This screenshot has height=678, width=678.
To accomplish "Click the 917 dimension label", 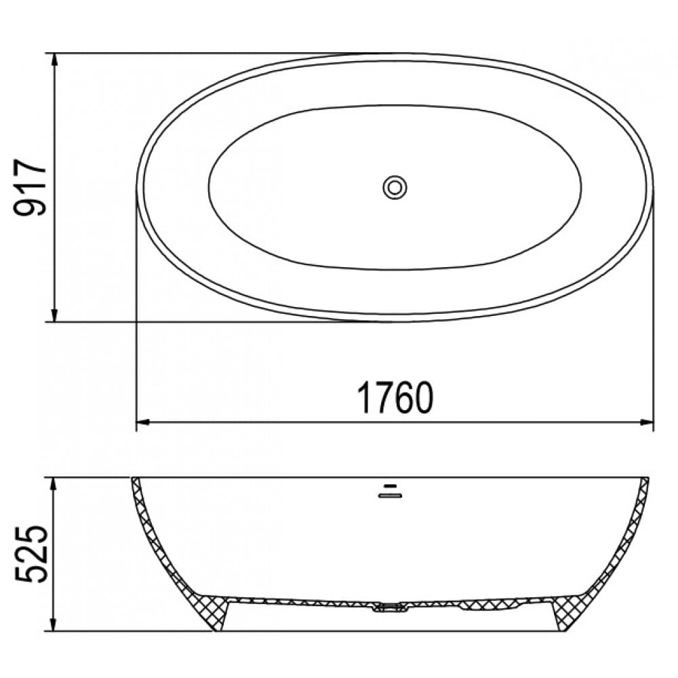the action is pos(30,187).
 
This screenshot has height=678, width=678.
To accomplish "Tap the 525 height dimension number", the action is pos(30,554).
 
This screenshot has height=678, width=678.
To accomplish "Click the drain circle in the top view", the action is pos(395,188).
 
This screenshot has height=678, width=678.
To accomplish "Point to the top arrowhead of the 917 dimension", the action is pos(54,60).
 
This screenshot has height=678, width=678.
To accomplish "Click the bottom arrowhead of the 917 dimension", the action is pos(54,315).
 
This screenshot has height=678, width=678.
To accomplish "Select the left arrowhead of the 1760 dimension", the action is pos(143,422).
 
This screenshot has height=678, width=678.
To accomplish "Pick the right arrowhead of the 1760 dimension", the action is pos(646,422).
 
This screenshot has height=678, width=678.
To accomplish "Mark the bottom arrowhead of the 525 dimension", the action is pos(54,624).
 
